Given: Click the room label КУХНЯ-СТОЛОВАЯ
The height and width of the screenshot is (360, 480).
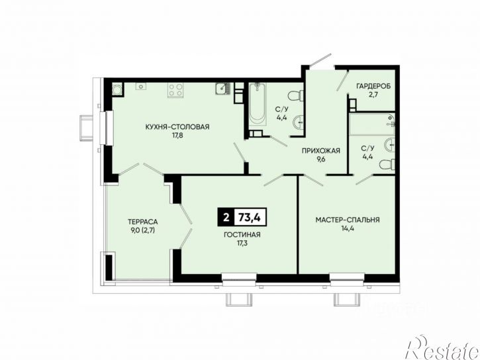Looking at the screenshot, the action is tap(177, 126).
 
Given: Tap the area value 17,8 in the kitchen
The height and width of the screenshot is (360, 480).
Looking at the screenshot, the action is tap(177, 136).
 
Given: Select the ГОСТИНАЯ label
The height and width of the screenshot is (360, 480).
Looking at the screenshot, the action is tap(242, 235).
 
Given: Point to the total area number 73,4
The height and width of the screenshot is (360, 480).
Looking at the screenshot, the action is tap(250, 217).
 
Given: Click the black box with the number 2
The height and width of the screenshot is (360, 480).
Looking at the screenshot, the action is tap(226, 217).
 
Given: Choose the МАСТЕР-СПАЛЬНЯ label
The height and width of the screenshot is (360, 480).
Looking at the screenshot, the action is tap(348, 220).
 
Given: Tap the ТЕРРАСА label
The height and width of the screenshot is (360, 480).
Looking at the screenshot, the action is tap(142, 222).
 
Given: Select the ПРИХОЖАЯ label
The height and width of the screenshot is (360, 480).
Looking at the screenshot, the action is tap(321, 150).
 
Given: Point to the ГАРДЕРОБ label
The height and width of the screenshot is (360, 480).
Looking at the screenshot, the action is tap(373, 86).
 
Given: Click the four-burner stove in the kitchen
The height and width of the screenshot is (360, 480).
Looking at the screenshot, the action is tap(175, 90).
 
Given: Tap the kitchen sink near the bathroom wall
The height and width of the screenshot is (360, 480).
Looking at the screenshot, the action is tap(223, 89).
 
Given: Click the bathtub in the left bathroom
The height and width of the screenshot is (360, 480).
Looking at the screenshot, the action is tap(257, 105).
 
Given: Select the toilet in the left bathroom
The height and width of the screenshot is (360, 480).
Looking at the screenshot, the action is tap(296, 95).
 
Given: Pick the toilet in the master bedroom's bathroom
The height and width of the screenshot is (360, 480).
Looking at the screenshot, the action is tap(387, 165).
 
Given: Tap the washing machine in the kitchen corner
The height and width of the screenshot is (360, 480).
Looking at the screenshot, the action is tap(117, 89).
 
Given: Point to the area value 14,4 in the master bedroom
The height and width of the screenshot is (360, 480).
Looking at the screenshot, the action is tap(348, 228).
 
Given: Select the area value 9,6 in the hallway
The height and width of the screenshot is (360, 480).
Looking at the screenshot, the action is tap(321, 159).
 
